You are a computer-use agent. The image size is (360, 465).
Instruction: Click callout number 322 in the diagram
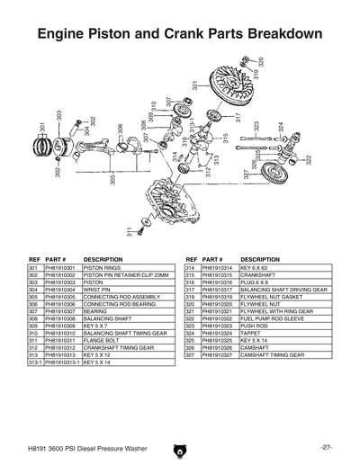pyautogui.click(x=309, y=160)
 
